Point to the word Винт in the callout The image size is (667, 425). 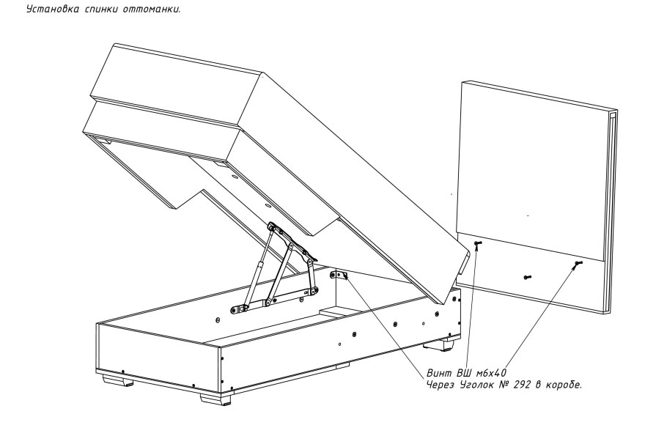tap(441, 372)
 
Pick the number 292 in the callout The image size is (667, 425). tap(514, 384)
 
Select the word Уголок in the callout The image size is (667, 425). tap(474, 384)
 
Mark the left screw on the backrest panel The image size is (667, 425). tap(477, 243)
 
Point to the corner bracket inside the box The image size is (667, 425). tap(339, 276)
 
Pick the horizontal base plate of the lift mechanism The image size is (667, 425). tap(275, 300)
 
